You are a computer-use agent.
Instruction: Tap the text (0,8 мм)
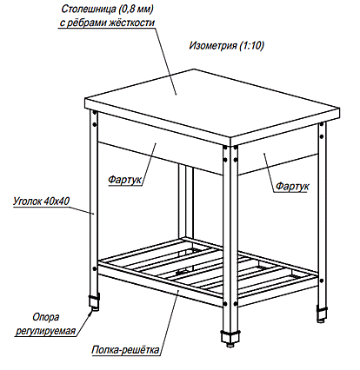click(x=134, y=10)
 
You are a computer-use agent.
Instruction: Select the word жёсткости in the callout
click(x=131, y=23)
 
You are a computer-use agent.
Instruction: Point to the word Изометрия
click(x=213, y=46)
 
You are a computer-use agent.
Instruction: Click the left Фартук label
click(x=125, y=180)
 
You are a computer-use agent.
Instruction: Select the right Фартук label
click(x=292, y=186)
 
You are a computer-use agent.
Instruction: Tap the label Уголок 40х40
click(x=42, y=201)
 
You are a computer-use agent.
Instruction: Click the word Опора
click(x=46, y=317)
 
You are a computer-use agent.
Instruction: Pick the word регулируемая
click(x=45, y=331)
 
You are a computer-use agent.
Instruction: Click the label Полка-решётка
click(x=125, y=350)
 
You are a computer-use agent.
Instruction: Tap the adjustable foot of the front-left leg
click(x=94, y=302)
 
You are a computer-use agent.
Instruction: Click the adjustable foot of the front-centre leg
click(x=230, y=338)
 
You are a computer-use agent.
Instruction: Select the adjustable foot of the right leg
click(x=322, y=314)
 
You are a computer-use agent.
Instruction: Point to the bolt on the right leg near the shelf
click(x=321, y=281)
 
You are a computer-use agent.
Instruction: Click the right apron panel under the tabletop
click(x=277, y=150)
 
